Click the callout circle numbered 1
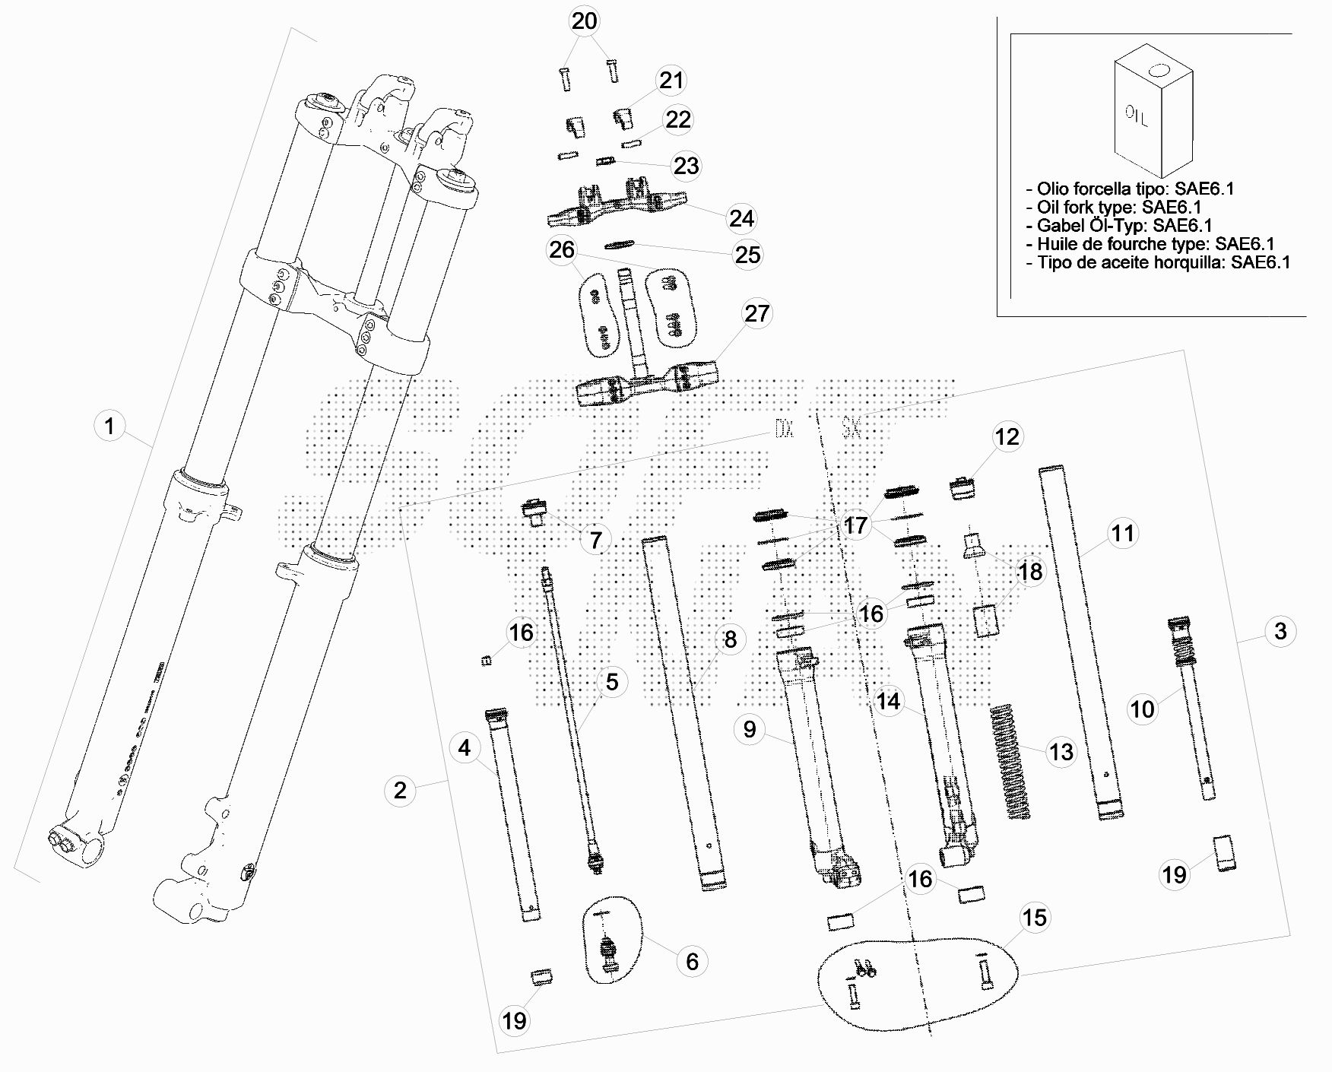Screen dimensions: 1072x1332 click(x=109, y=426)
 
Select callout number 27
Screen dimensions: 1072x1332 click(x=756, y=313)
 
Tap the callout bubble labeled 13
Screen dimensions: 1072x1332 click(x=1061, y=752)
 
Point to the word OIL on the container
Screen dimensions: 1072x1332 click(x=1137, y=116)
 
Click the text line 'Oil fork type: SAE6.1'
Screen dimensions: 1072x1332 click(x=1118, y=207)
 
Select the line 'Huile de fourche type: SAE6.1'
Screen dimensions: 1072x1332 click(x=1155, y=244)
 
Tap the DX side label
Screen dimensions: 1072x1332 click(x=784, y=430)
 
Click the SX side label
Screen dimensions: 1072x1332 click(x=851, y=430)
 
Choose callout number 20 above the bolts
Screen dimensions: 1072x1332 click(x=585, y=21)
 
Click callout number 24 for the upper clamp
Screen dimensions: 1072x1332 click(x=741, y=218)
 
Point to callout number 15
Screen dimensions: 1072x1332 click(x=1034, y=918)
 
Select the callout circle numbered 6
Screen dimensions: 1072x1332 click(x=692, y=961)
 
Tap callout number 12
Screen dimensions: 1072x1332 click(x=1007, y=437)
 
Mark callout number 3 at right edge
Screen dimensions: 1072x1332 click(x=1280, y=630)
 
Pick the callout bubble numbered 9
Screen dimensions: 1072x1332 click(x=750, y=729)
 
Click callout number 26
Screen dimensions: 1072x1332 click(x=562, y=249)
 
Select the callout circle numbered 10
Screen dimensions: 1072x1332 click(x=1142, y=709)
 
